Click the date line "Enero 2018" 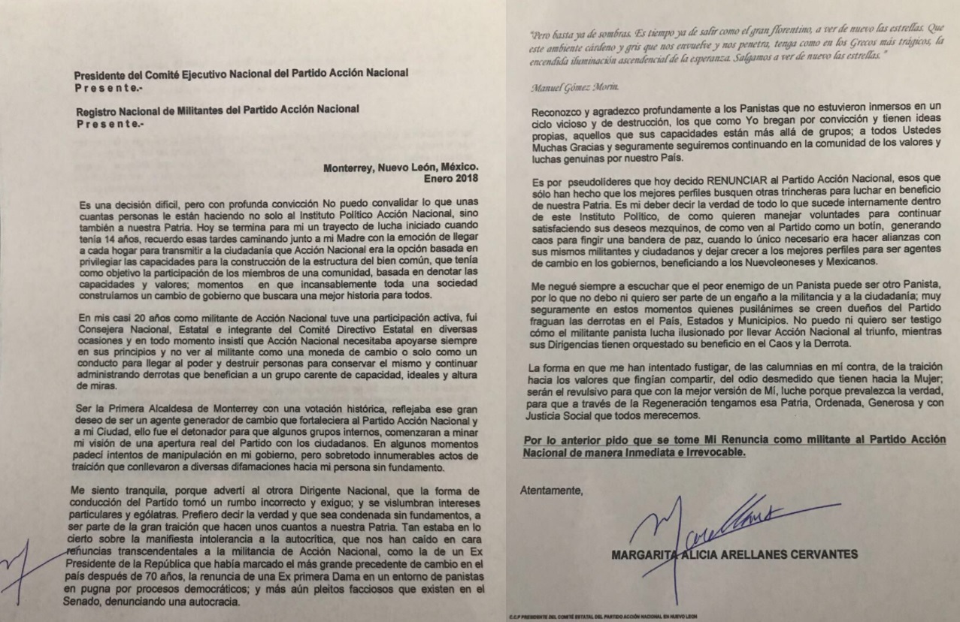coord(451,178)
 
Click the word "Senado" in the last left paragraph coord(92,601)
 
